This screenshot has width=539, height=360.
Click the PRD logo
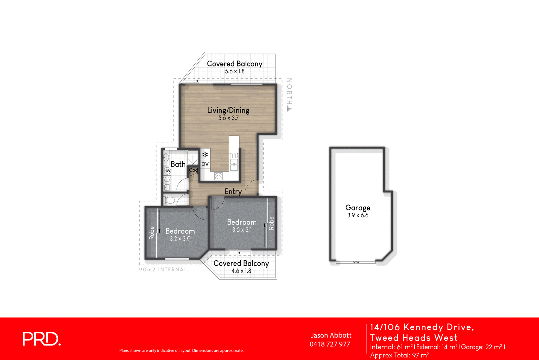click(x=41, y=339)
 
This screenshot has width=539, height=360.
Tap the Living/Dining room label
click(x=228, y=110)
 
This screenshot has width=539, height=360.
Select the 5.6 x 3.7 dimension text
click(x=228, y=118)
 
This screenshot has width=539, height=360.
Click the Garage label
click(x=357, y=208)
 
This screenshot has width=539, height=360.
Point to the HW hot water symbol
click(x=167, y=171)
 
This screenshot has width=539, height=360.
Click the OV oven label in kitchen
click(x=205, y=164)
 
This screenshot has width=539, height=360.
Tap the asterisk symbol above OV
click(x=205, y=155)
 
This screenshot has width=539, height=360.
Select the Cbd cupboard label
click(x=193, y=170)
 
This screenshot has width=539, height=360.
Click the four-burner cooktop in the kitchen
click(x=218, y=176)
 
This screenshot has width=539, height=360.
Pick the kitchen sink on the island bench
click(x=234, y=161)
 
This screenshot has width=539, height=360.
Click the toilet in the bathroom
click(x=169, y=201)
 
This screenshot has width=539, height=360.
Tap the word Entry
click(x=233, y=191)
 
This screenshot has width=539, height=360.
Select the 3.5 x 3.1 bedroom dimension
click(x=242, y=230)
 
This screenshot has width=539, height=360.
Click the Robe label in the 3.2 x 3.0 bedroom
click(x=152, y=233)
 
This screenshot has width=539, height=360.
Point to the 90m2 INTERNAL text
click(x=163, y=270)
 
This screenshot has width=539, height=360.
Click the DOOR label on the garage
click(x=356, y=262)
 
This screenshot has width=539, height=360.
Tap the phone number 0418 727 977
click(x=330, y=344)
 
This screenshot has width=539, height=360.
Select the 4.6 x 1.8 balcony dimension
click(x=241, y=271)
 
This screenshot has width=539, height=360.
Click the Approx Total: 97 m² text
click(x=399, y=355)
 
